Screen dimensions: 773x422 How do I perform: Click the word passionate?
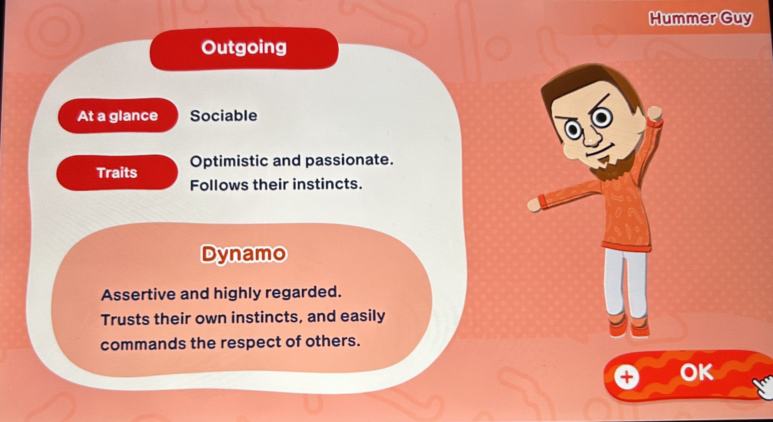coord(349,160)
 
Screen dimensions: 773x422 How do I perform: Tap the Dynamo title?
coord(244,254)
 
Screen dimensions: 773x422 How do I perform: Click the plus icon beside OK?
coord(626,377)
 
